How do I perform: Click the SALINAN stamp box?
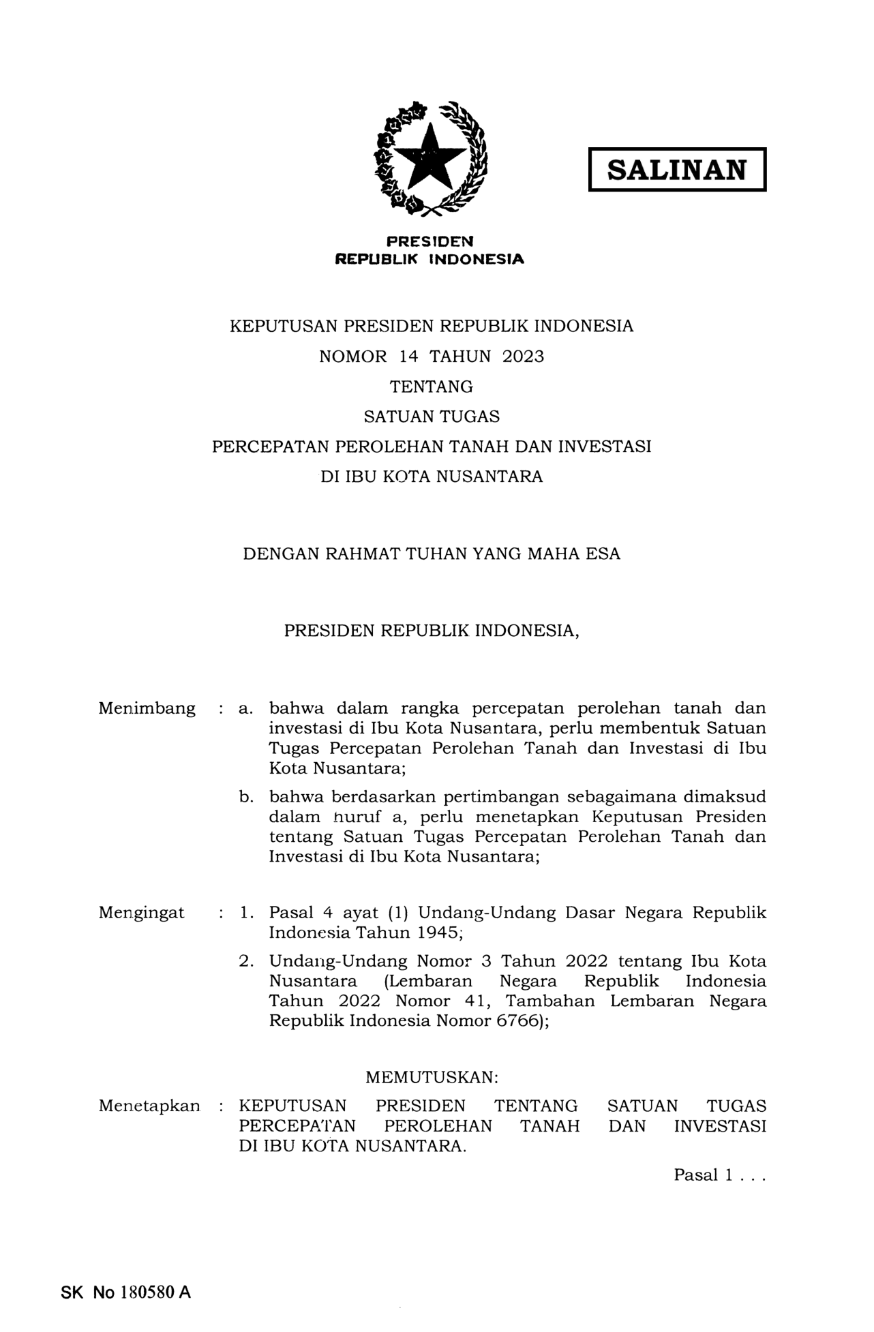pos(677,170)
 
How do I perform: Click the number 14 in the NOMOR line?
pos(408,357)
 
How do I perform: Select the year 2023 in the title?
pos(523,357)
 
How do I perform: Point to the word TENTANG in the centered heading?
pos(432,387)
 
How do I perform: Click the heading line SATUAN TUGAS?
pos(432,417)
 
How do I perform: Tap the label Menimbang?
pos(147,709)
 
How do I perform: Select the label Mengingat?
pos(141,913)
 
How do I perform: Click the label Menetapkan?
pos(149,1106)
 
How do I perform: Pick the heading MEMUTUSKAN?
pos(432,1078)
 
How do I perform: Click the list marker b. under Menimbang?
pos(246,797)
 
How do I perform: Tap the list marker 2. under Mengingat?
pos(246,962)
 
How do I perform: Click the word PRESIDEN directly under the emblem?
pos(430,241)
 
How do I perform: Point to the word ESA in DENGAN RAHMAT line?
pos(603,554)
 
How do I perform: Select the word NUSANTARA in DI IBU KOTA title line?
pos(489,476)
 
